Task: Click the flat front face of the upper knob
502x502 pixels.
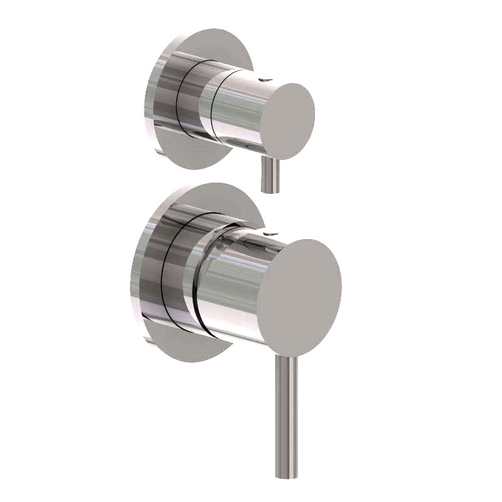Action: coord(287,120)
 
